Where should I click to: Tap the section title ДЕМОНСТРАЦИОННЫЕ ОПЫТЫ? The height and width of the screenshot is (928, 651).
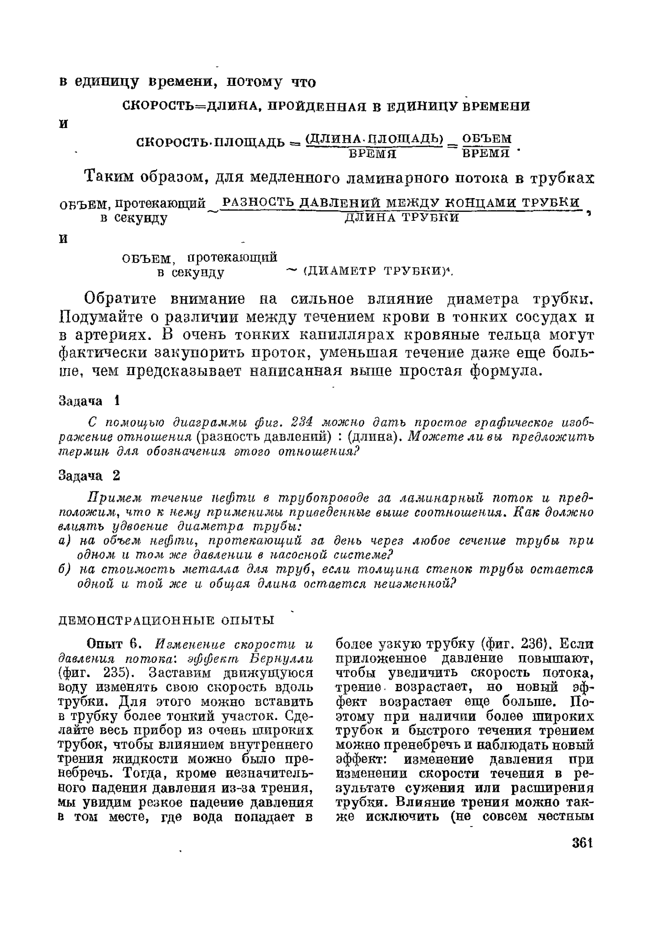(x=166, y=620)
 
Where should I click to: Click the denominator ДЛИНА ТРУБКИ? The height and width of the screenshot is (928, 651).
(x=402, y=218)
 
